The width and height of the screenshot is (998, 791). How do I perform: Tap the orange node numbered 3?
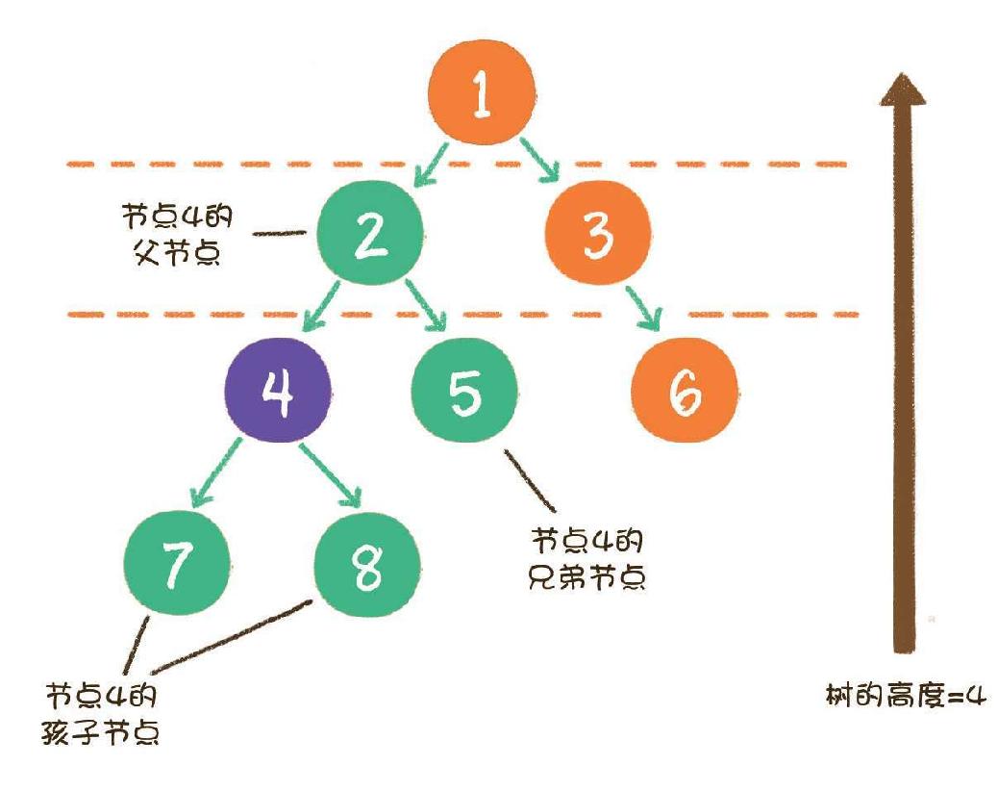pyautogui.click(x=597, y=234)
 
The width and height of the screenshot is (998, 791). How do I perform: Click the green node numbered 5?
pyautogui.click(x=464, y=393)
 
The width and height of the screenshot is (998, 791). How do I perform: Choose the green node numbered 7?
pyautogui.click(x=177, y=565)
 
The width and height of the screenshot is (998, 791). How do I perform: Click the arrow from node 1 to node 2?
pyautogui.click(x=430, y=165)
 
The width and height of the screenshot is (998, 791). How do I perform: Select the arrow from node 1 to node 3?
pyautogui.click(x=540, y=161)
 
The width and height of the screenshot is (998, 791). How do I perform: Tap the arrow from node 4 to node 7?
pyautogui.click(x=216, y=472)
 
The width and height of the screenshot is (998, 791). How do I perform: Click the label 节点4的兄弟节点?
pyautogui.click(x=587, y=557)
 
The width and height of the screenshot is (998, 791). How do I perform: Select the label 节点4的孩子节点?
pyautogui.click(x=102, y=714)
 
